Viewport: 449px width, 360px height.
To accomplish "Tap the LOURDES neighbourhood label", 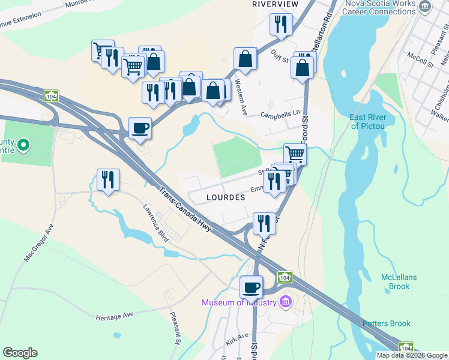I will tap(226, 197).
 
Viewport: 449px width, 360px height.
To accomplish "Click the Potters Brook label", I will tap(387, 324).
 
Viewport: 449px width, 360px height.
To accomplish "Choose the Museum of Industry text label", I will tap(239, 302).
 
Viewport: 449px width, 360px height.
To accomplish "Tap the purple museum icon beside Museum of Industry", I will tap(286, 301).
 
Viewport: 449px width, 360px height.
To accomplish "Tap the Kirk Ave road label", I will tap(237, 338).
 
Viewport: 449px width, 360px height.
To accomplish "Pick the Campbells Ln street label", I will tap(280, 115).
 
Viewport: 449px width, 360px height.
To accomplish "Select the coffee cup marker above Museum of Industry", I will tap(251, 287).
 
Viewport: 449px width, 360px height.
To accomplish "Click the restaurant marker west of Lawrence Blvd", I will tap(108, 179).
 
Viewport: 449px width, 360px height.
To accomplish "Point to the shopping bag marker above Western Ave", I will tap(245, 58).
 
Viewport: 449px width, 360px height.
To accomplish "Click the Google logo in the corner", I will tap(20, 353).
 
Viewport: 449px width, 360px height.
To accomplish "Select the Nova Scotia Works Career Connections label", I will tap(379, 7).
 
